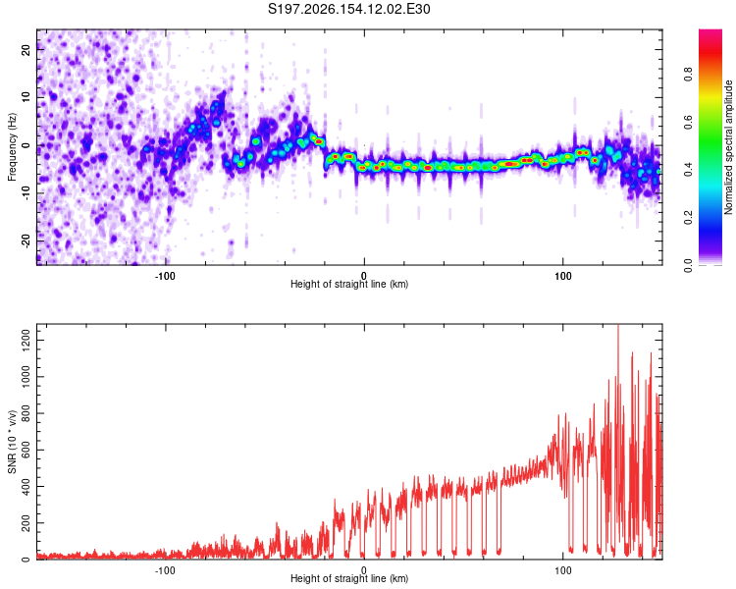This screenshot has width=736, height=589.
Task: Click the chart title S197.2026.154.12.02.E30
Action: [x=348, y=9]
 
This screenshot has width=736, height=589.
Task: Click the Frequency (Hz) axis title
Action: [x=12, y=147]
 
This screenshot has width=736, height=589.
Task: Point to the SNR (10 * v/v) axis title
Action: [x=12, y=442]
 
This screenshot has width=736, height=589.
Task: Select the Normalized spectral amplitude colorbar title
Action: [x=728, y=147]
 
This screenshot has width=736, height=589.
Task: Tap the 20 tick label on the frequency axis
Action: [x=26, y=49]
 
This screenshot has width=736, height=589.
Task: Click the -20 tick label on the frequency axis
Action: [x=26, y=241]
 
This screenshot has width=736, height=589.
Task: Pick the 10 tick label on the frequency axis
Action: [x=26, y=97]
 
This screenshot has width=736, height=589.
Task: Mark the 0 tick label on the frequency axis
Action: [x=26, y=145]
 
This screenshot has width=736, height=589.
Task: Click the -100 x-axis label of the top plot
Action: [x=165, y=276]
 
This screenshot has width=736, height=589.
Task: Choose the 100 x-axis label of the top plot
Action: [x=563, y=276]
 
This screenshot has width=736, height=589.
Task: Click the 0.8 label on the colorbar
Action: [x=688, y=75]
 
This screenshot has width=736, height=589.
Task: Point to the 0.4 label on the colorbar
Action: [x=688, y=170]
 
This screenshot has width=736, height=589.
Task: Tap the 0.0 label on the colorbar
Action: [x=688, y=265]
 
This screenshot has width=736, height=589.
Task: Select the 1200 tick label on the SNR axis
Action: [x=26, y=340]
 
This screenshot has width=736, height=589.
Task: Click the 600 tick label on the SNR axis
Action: [x=26, y=450]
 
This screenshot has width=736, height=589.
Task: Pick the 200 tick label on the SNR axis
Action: [x=26, y=522]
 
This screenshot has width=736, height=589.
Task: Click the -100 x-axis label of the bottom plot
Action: [x=165, y=570]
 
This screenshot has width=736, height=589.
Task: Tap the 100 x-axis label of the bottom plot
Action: [x=563, y=570]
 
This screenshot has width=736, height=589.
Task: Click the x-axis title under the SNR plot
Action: [x=349, y=578]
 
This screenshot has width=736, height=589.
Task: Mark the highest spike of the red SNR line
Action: [x=618, y=326]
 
